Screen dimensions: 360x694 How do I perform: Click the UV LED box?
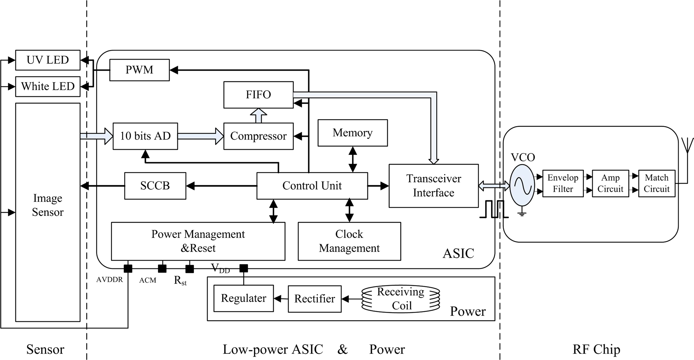coord(48,60)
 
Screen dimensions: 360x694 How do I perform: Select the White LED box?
coord(48,86)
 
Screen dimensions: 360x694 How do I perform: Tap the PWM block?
coord(139,70)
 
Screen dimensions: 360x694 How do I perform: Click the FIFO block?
coord(258,95)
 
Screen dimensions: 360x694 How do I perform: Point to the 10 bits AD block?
coord(145,136)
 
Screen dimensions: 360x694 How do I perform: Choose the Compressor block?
coord(258,136)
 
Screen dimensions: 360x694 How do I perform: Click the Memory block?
coord(353,133)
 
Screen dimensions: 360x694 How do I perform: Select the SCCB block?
coord(155,185)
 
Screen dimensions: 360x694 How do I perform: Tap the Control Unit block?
coord(312,185)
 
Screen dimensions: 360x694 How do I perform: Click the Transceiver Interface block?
coord(434,185)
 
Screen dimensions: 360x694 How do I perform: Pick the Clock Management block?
coord(349,241)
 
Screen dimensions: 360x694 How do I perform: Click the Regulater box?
coord(243,298)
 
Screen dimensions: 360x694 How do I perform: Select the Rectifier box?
coord(314,299)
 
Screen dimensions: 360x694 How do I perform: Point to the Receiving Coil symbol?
coord(401,299)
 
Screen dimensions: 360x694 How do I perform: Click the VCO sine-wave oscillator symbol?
coord(522,185)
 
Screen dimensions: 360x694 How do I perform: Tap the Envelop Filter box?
coord(563,183)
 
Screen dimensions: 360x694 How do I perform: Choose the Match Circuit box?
coord(656,183)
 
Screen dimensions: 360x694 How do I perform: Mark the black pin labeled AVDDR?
coord(128,268)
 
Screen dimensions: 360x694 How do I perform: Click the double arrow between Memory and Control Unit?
coord(353,159)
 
